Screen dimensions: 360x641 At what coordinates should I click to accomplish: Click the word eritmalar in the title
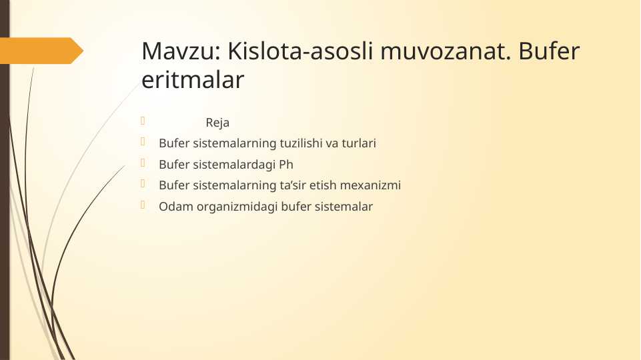click(x=193, y=81)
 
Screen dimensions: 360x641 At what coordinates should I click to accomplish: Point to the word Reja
click(x=217, y=123)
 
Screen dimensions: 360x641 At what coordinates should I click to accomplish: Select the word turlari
click(x=359, y=143)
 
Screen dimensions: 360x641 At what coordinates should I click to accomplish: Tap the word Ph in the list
click(x=286, y=165)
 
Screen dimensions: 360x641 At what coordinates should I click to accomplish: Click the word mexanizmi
click(x=375, y=185)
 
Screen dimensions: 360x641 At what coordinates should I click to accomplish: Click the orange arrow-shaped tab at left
click(x=41, y=51)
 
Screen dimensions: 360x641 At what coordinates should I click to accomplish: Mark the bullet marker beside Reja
click(x=142, y=121)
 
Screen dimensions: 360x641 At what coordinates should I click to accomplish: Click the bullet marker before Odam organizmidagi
click(x=142, y=205)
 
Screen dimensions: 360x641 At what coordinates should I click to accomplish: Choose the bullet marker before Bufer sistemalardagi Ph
click(x=142, y=163)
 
